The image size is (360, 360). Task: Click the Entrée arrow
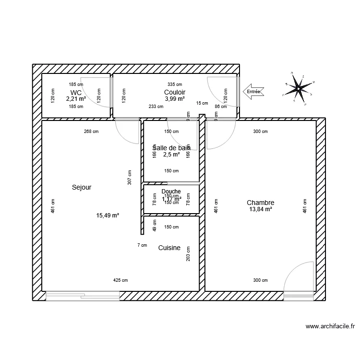point(252,91)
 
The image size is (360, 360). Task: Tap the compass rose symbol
point(298,88)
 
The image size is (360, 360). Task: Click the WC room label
point(76,92)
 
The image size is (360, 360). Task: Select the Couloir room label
point(175,92)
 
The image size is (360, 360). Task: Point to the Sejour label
point(82,187)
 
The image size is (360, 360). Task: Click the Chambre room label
point(261,203)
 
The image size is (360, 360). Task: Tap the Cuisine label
point(169,248)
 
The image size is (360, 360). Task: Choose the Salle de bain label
point(171,148)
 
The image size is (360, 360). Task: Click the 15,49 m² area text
point(108,216)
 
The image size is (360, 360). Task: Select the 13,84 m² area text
point(261,209)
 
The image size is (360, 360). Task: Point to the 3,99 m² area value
point(175,99)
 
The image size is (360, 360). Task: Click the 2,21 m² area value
point(76,99)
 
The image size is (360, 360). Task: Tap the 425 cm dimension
point(120,280)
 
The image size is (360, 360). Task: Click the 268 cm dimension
point(91,132)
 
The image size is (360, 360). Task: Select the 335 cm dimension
point(175,84)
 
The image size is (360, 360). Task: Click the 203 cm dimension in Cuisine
point(189,254)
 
